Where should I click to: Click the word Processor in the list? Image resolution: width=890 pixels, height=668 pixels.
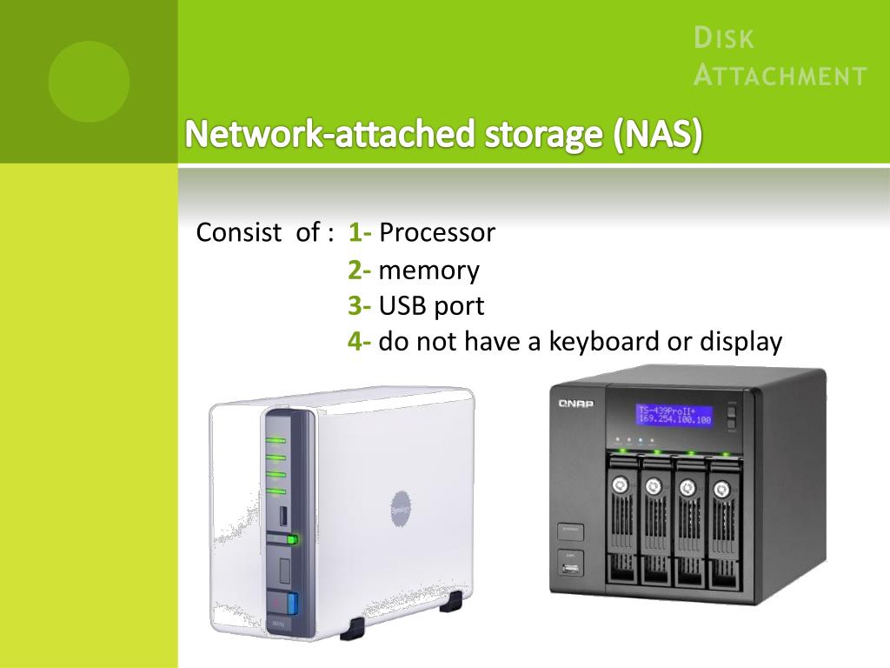(x=437, y=233)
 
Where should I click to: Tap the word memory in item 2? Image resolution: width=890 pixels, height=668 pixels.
(x=428, y=271)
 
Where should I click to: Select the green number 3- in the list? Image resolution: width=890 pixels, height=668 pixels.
(x=360, y=306)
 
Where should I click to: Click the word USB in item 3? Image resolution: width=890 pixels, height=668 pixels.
(x=405, y=306)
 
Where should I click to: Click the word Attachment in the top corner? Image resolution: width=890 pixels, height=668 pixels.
(x=780, y=76)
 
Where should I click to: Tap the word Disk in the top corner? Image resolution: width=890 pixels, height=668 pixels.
(x=724, y=39)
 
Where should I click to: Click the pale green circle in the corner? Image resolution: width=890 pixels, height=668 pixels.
(x=89, y=82)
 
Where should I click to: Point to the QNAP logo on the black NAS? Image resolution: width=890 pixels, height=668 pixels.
(x=575, y=403)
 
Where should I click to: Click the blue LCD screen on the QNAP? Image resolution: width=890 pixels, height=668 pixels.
(x=674, y=415)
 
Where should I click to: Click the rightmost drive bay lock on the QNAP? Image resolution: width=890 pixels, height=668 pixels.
(x=721, y=490)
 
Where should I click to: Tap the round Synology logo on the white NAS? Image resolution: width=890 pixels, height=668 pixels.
(x=401, y=507)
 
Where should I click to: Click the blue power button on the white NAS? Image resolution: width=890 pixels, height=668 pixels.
(x=292, y=604)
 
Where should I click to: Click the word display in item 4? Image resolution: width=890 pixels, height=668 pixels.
(x=741, y=342)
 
